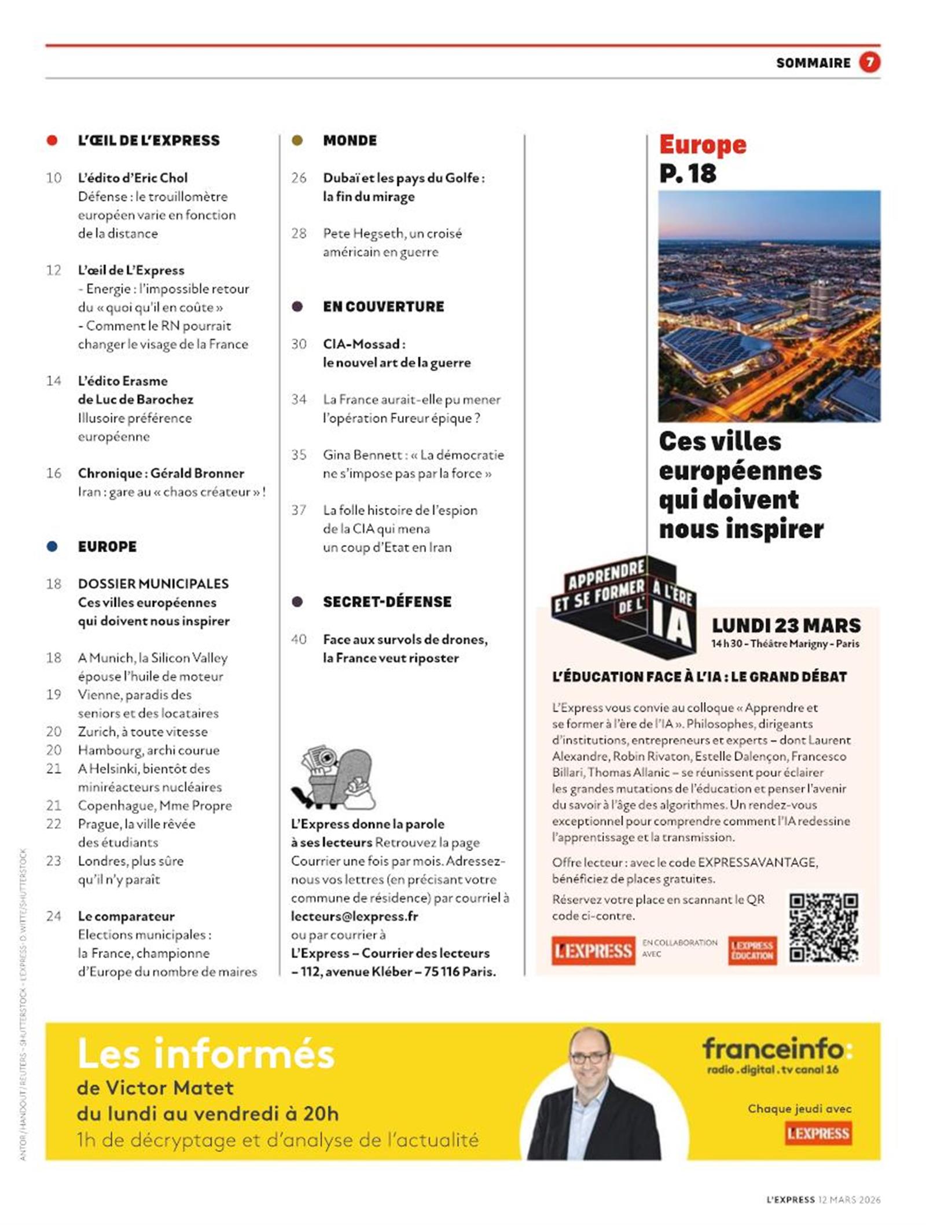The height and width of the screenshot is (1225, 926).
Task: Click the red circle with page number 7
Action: tap(869, 62)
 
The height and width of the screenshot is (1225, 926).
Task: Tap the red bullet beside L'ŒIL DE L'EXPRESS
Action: tap(52, 140)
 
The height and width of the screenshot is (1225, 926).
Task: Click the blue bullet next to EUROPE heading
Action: tap(52, 546)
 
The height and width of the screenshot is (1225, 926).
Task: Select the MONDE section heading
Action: tap(350, 140)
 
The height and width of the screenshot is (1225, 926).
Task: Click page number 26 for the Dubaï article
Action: tap(299, 178)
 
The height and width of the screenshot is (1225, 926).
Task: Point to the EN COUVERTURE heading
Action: tap(383, 306)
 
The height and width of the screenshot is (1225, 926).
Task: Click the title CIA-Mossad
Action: tap(363, 344)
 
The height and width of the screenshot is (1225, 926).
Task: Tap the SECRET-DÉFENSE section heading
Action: tap(387, 602)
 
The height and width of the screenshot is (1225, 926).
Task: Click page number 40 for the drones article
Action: tap(299, 639)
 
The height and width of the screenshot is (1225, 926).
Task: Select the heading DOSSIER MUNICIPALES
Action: tap(153, 584)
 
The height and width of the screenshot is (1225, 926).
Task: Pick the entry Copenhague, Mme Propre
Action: tap(155, 805)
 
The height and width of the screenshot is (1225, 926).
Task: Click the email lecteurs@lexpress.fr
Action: tap(354, 916)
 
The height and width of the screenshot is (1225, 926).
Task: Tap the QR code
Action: tap(824, 927)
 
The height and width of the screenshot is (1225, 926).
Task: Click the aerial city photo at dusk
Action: tap(769, 305)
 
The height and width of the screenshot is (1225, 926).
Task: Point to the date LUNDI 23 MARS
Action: tap(786, 625)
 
